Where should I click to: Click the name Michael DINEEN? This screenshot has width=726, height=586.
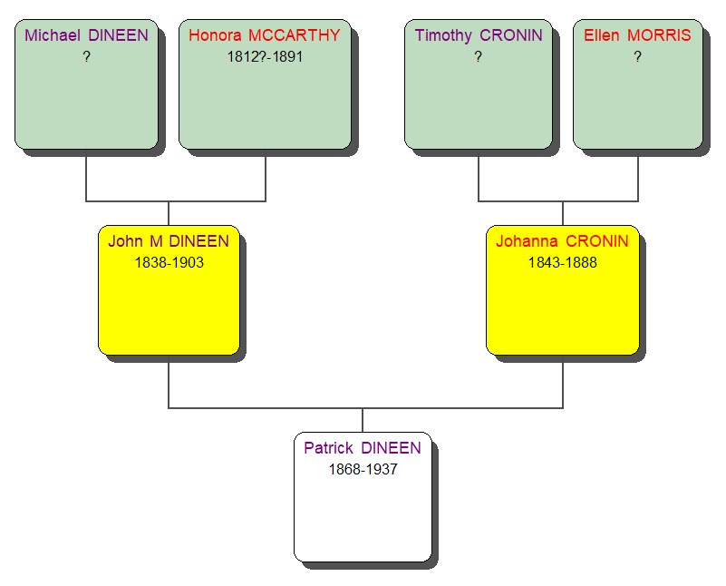pyautogui.click(x=86, y=35)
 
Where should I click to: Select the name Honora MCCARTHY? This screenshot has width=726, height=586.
pyautogui.click(x=265, y=35)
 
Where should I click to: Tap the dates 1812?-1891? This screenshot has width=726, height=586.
pyautogui.click(x=265, y=56)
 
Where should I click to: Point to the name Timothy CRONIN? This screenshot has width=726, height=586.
pyautogui.click(x=478, y=35)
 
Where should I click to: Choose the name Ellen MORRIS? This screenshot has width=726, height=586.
pyautogui.click(x=637, y=35)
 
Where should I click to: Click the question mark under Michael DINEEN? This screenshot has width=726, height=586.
pyautogui.click(x=86, y=56)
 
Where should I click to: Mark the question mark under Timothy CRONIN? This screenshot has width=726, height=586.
pyautogui.click(x=478, y=56)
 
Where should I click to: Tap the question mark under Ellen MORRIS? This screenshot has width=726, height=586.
pyautogui.click(x=637, y=56)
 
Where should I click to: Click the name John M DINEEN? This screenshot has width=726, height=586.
pyautogui.click(x=169, y=241)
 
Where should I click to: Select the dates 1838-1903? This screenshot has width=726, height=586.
pyautogui.click(x=169, y=262)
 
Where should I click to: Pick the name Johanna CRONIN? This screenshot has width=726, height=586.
pyautogui.click(x=562, y=241)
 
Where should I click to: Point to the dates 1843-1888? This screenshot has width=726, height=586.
pyautogui.click(x=562, y=262)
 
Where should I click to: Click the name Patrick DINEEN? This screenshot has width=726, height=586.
pyautogui.click(x=363, y=448)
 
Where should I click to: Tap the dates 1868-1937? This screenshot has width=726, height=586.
pyautogui.click(x=363, y=469)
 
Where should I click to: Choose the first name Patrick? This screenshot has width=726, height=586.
pyautogui.click(x=328, y=448)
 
